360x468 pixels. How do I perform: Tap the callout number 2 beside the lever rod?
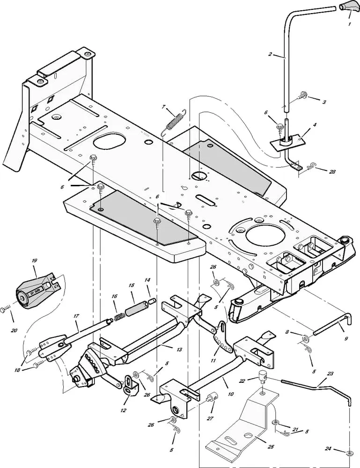point(270,55)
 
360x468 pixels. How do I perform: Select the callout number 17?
point(76,317)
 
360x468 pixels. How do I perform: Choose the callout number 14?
point(147,280)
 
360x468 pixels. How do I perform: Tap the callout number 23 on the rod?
point(331,373)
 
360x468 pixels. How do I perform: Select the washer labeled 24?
point(349,453)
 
